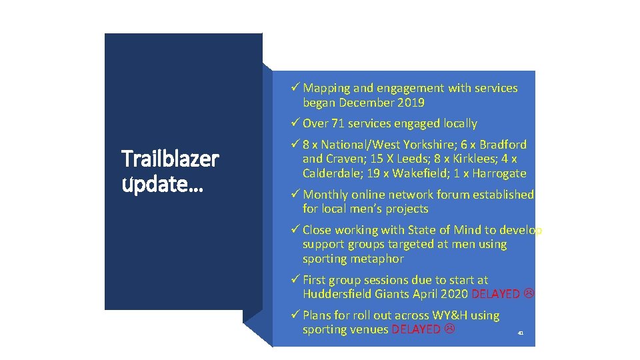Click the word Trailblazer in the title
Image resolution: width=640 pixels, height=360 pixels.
click(x=170, y=159)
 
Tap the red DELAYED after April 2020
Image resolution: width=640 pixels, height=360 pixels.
click(x=496, y=295)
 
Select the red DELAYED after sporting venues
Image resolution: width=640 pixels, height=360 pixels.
click(x=415, y=329)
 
